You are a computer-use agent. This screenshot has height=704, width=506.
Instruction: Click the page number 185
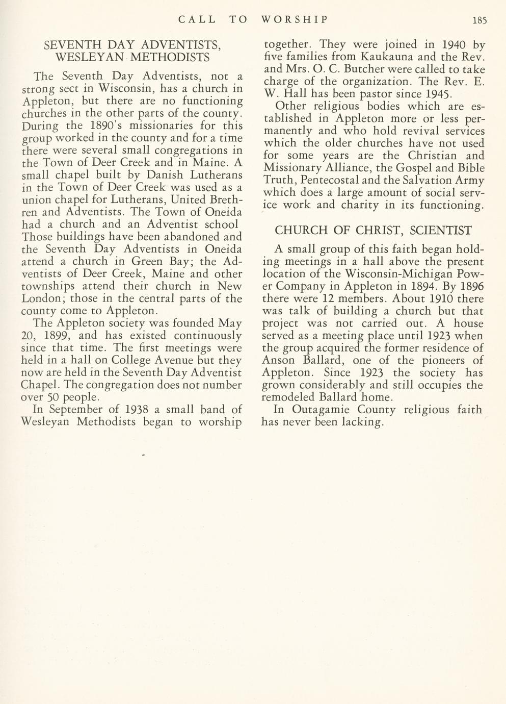point(480,20)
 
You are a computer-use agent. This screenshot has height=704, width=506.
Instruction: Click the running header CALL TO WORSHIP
point(253,20)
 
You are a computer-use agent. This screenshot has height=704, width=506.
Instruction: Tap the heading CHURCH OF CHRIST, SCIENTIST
point(373,231)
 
